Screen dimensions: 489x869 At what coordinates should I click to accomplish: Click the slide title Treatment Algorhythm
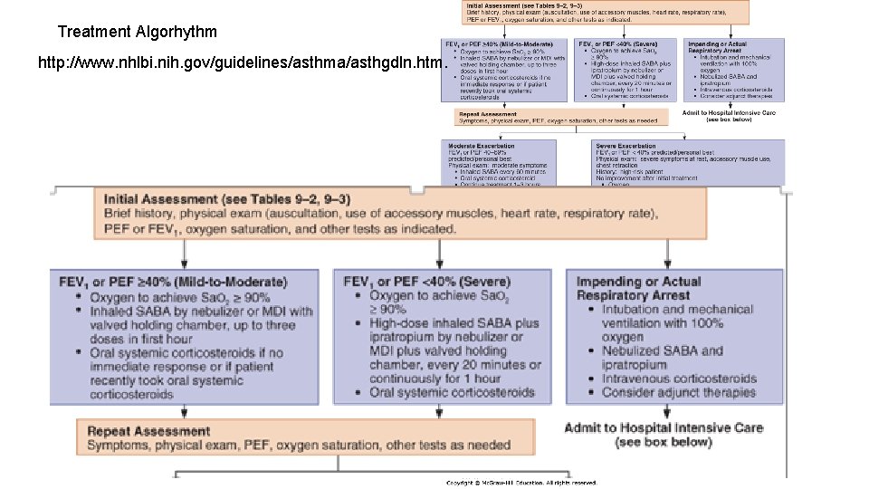click(x=137, y=32)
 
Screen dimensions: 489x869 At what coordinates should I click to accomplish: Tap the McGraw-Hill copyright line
click(x=521, y=483)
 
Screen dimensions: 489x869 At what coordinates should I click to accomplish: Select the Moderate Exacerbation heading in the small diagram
click(x=482, y=145)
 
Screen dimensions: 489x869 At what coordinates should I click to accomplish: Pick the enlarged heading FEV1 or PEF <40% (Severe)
click(x=427, y=282)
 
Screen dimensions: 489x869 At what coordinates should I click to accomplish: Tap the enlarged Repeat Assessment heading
click(x=148, y=431)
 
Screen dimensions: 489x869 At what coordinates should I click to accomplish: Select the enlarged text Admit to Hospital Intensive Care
click(x=663, y=427)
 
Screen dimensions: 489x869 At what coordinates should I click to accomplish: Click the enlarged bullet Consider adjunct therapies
click(x=678, y=392)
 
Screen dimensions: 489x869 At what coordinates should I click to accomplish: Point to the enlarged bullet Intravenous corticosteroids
click(x=679, y=379)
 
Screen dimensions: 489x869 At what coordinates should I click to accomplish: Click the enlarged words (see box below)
click(x=663, y=442)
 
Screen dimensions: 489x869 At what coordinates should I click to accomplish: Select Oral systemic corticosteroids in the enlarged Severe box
click(x=452, y=392)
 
